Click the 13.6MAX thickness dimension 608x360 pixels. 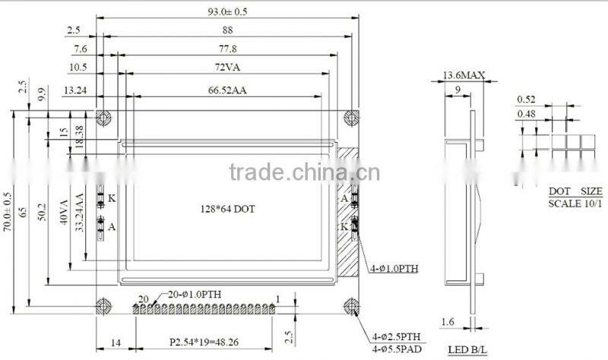[463, 75]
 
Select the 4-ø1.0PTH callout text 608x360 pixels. [395, 268]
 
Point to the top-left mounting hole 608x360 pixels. [104, 117]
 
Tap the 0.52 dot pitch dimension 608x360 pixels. [526, 99]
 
